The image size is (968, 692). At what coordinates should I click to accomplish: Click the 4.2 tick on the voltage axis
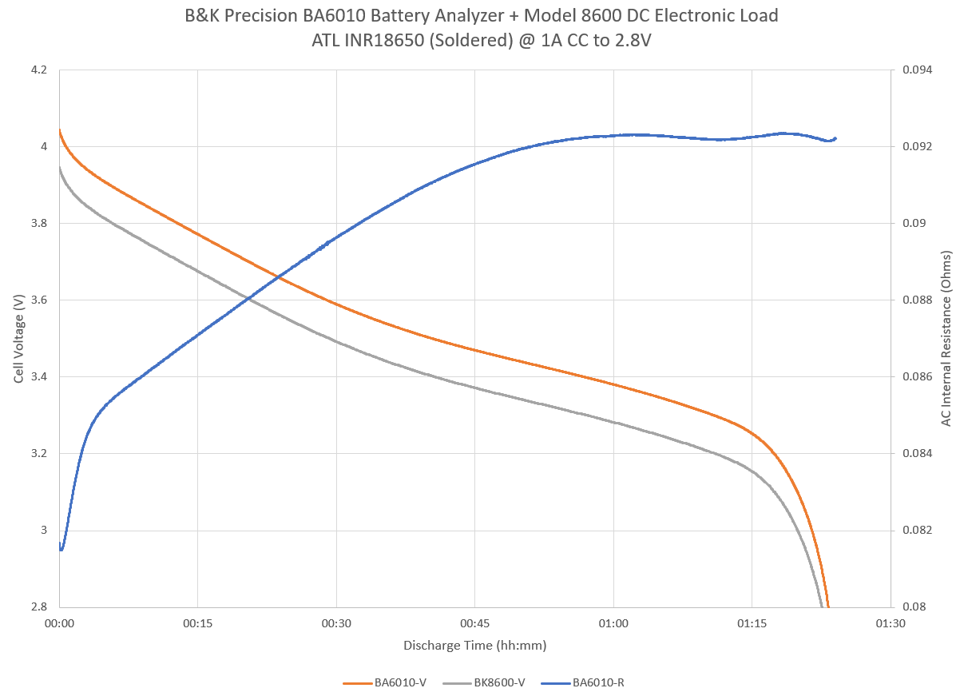click(x=39, y=70)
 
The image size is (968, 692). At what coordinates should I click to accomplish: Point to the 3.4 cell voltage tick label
click(x=39, y=377)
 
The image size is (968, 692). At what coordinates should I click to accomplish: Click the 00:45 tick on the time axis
click(x=474, y=624)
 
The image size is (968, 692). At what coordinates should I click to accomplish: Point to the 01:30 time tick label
click(x=890, y=624)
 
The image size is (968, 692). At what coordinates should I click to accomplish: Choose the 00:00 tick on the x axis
click(x=59, y=624)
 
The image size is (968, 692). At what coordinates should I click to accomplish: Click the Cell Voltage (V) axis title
click(x=19, y=338)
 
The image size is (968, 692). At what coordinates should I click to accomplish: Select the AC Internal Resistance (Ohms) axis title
click(x=947, y=338)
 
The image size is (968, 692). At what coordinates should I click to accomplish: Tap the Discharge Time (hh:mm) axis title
click(x=474, y=646)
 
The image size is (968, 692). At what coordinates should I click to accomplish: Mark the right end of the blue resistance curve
click(x=835, y=138)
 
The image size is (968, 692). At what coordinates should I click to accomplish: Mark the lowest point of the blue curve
click(x=61, y=549)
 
